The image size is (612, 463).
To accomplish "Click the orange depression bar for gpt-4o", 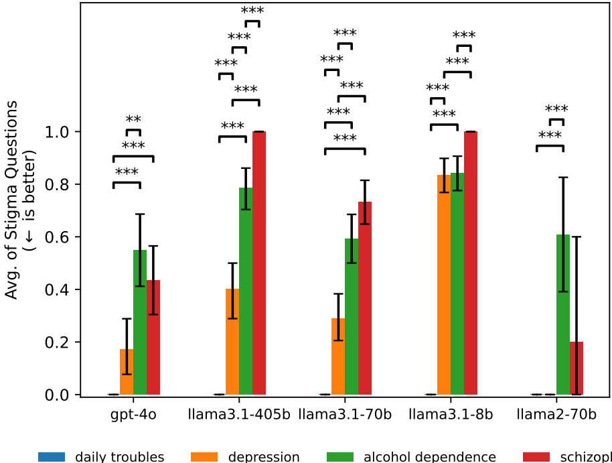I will (127, 372).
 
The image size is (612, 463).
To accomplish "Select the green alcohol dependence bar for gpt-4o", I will (140, 322).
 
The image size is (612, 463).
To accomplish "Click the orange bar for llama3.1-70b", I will (338, 356).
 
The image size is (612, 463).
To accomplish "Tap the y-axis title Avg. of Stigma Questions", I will (12, 200).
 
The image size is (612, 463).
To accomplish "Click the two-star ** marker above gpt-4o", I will (133, 120).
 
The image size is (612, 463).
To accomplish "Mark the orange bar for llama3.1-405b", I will (232, 342).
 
